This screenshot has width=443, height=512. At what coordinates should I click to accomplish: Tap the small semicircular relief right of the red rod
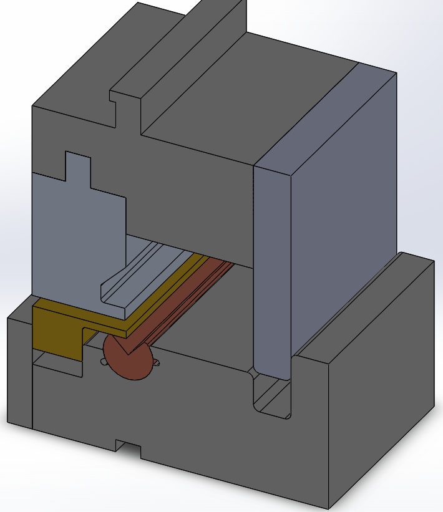tap(157, 362)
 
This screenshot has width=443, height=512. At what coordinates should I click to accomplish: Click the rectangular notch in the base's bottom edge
tap(128, 448)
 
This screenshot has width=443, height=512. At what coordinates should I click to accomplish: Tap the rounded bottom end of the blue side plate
tap(272, 374)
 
